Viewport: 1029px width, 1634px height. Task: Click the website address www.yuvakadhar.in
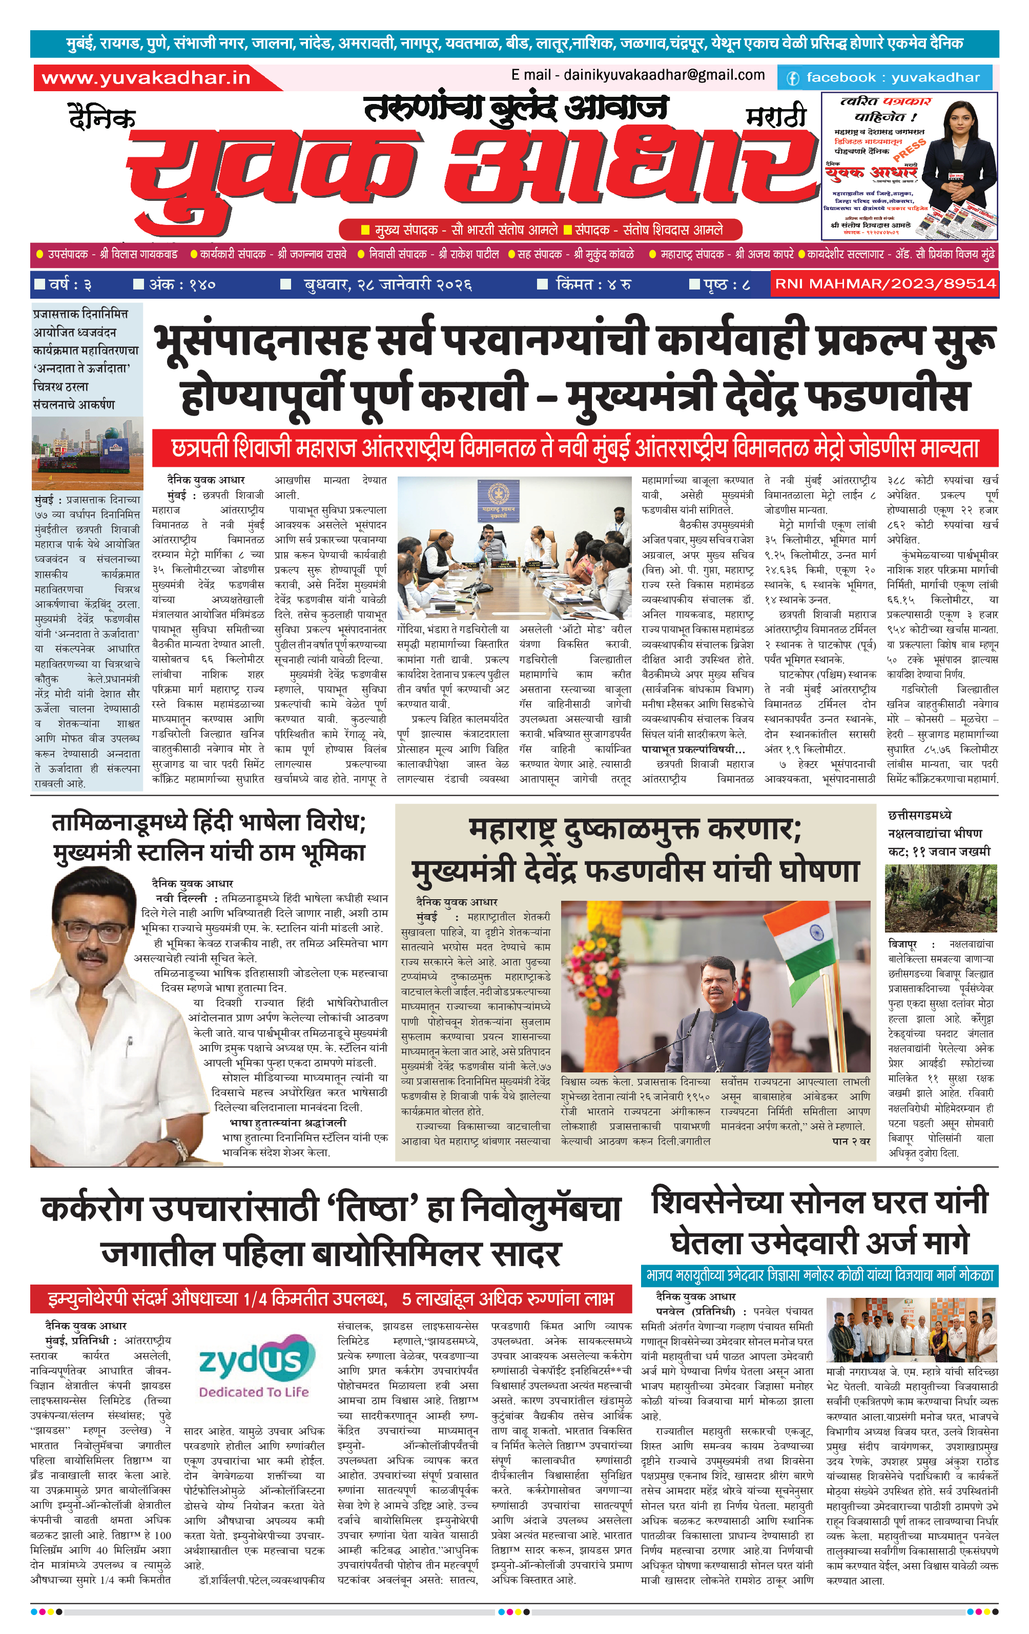coord(146,78)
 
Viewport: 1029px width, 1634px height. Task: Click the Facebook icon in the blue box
coord(792,78)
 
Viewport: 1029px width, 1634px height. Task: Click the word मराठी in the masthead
coord(776,117)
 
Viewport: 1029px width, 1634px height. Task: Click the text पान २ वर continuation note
coord(851,1142)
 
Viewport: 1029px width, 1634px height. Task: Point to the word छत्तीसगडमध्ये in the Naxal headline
coord(920,815)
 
